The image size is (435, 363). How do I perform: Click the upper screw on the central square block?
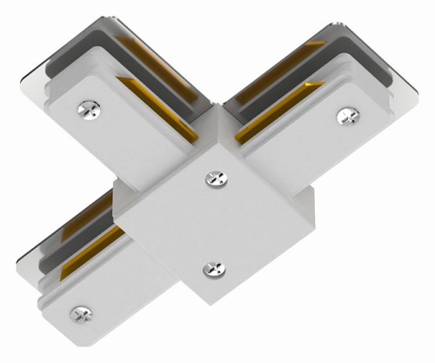coord(213,178)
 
